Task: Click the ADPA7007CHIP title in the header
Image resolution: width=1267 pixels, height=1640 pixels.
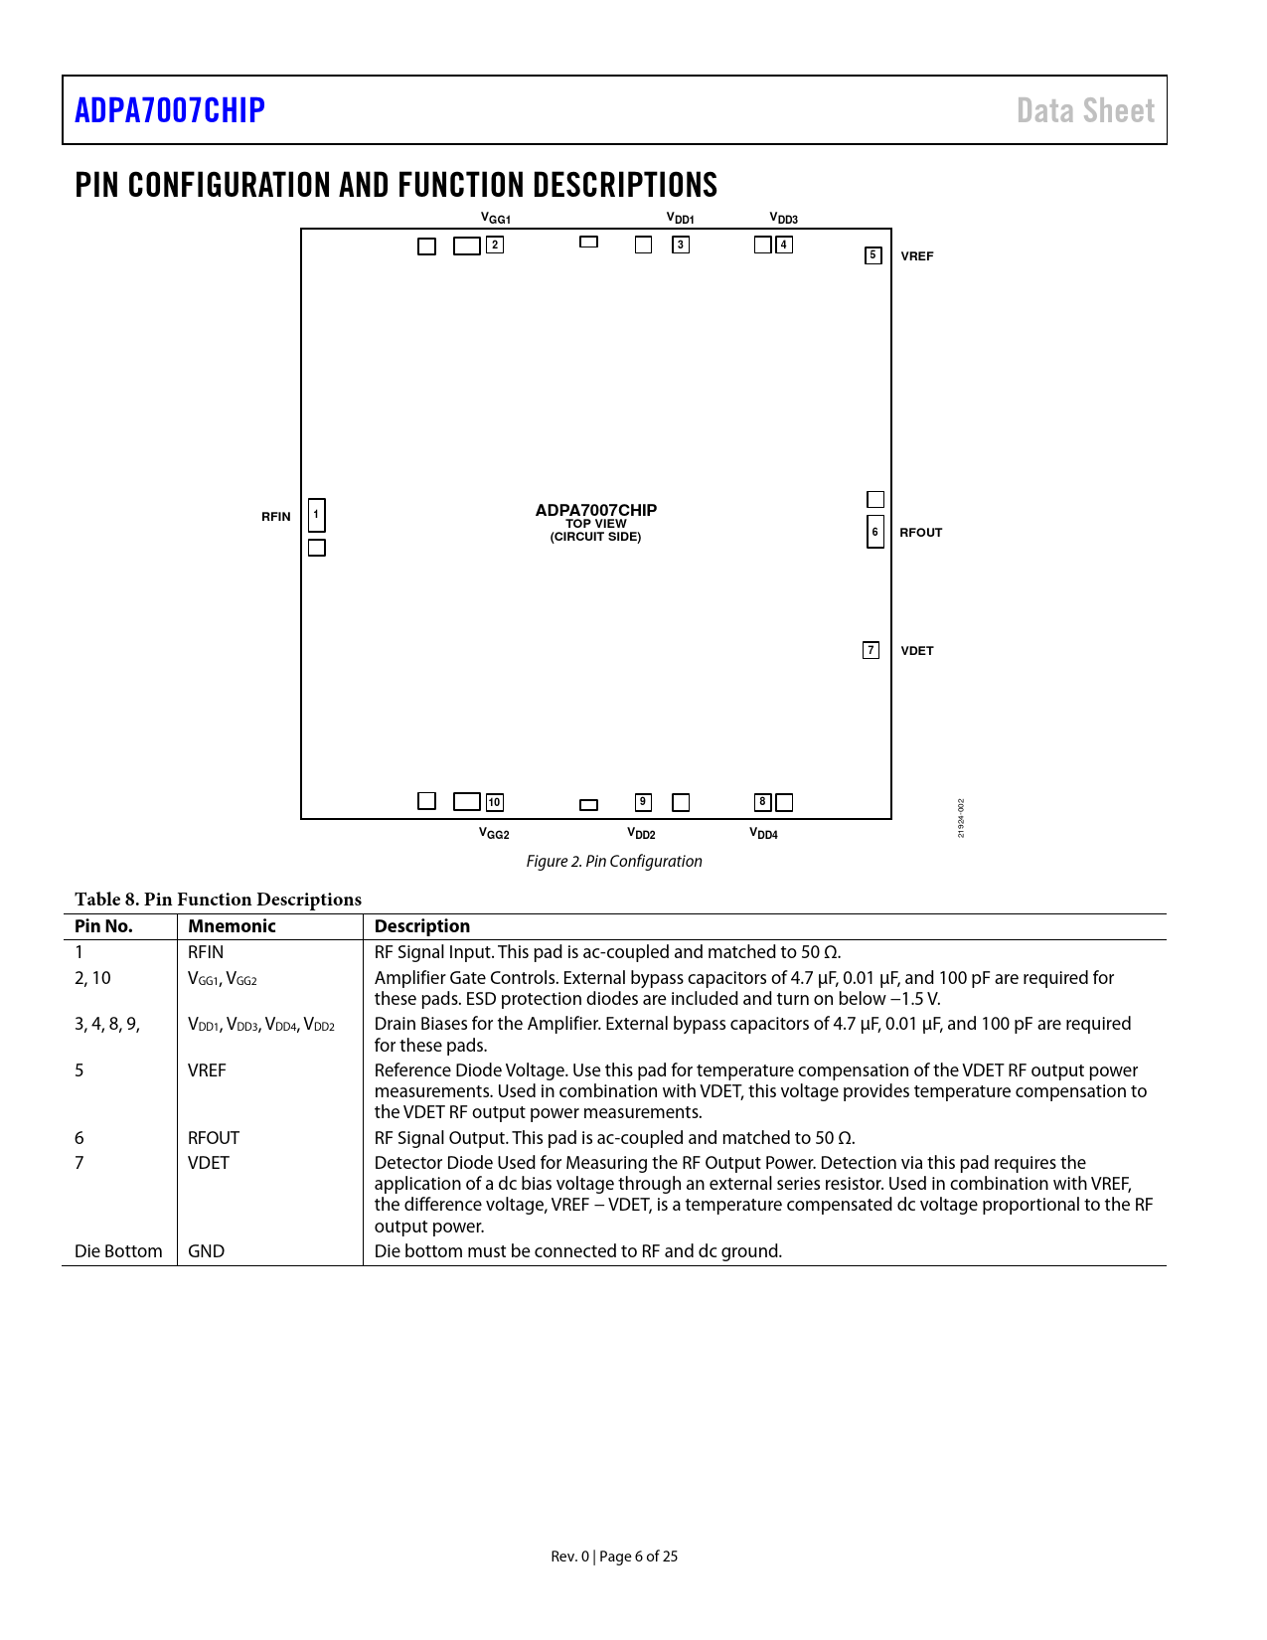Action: [x=170, y=110]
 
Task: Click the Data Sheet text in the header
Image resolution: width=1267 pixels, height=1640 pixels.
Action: [x=1085, y=110]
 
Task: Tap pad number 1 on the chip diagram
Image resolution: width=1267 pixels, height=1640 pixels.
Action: [x=316, y=514]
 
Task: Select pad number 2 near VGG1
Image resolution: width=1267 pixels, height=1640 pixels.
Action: [x=495, y=245]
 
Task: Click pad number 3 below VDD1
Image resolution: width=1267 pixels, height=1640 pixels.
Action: [x=681, y=245]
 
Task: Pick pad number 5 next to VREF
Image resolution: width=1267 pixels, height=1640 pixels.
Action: [x=872, y=255]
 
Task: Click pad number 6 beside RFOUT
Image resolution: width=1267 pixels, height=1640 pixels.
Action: [x=874, y=532]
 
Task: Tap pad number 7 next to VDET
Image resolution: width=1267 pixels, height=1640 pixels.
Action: [x=871, y=650]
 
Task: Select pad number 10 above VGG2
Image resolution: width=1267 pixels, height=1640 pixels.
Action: [x=494, y=802]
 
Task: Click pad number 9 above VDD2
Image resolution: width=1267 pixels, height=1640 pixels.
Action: [x=643, y=802]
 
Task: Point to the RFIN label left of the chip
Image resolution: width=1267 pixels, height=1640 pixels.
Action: [x=276, y=517]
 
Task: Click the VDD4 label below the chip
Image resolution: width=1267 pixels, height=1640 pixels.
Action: [x=763, y=834]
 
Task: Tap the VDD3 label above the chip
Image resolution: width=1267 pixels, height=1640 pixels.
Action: [x=783, y=219]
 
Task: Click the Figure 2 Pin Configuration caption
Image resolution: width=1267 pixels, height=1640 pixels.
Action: [x=614, y=862]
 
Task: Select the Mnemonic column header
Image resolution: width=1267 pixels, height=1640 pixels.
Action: [x=232, y=926]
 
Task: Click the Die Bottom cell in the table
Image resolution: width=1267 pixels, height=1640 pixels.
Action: [x=118, y=1251]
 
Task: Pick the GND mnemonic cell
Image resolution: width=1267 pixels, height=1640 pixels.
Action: [x=206, y=1251]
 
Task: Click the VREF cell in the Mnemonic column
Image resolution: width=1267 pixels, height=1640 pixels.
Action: [x=207, y=1070]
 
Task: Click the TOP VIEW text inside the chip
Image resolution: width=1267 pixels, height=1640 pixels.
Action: [x=596, y=524]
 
